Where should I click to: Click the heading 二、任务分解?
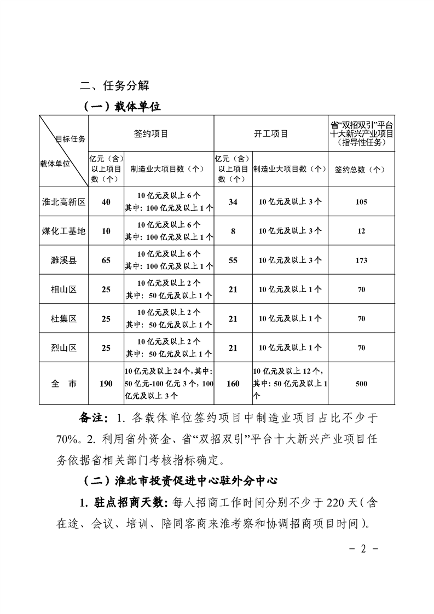pyautogui.click(x=114, y=86)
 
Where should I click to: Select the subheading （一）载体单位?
pyautogui.click(x=121, y=107)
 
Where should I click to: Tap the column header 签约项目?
pyautogui.click(x=151, y=134)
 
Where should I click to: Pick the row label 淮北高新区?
pyautogui.click(x=64, y=202)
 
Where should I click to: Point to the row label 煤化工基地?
pyautogui.click(x=64, y=231)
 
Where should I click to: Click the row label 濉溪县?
pyautogui.click(x=64, y=260)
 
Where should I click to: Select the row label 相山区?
pyautogui.click(x=64, y=289)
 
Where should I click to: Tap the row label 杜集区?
pyautogui.click(x=64, y=318)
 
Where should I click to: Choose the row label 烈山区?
pyautogui.click(x=64, y=347)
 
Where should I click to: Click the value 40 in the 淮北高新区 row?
pyautogui.click(x=106, y=202)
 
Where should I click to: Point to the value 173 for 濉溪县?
pyautogui.click(x=361, y=260)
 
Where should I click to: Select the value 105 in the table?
pyautogui.click(x=361, y=202)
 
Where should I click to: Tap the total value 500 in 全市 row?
pyautogui.click(x=361, y=384)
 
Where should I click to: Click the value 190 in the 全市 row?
pyautogui.click(x=106, y=384)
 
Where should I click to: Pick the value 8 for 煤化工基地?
pyautogui.click(x=233, y=231)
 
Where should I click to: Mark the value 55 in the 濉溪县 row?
pyautogui.click(x=233, y=260)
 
